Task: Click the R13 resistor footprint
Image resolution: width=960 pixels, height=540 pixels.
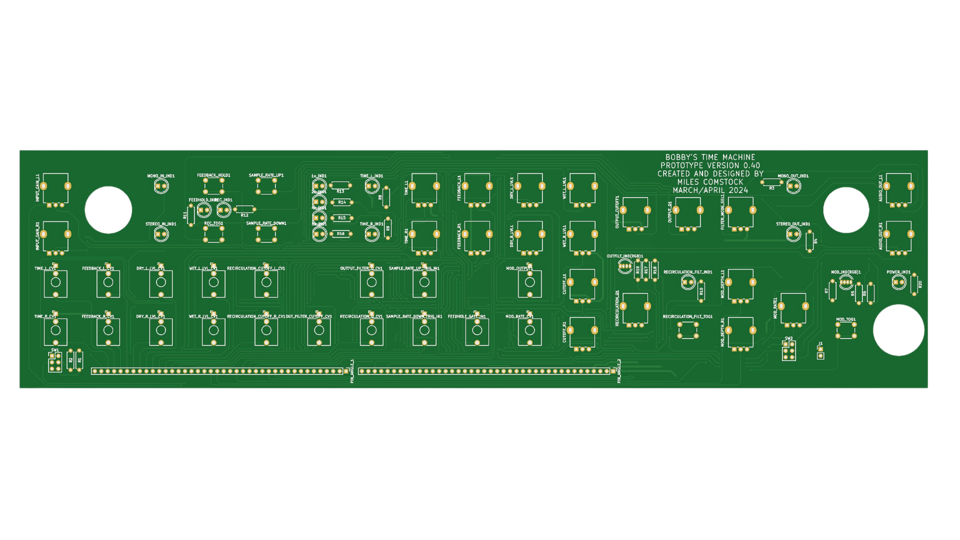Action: click(x=340, y=185)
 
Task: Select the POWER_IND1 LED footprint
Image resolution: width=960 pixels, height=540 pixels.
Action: click(x=899, y=282)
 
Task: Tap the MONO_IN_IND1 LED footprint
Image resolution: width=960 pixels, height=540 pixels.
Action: click(x=161, y=186)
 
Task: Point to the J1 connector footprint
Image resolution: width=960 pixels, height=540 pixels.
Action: click(x=820, y=352)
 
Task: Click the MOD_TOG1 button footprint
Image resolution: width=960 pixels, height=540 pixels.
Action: click(x=845, y=330)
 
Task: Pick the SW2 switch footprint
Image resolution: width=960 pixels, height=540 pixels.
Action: click(x=789, y=351)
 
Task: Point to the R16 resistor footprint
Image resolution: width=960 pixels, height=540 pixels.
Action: click(x=340, y=233)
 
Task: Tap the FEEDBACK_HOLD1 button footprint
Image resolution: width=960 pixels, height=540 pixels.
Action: click(x=213, y=186)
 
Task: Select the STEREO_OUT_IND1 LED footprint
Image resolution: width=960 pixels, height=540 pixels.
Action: click(x=793, y=233)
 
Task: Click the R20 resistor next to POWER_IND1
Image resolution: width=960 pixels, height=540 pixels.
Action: click(x=914, y=284)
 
